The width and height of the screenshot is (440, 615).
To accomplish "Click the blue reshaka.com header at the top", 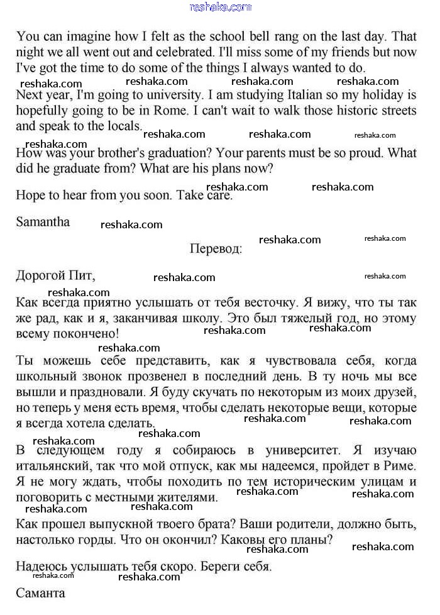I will coord(220,7).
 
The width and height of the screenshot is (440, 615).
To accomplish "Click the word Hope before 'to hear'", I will coord(30,195).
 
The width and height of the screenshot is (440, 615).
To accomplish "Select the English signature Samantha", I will coord(43,222).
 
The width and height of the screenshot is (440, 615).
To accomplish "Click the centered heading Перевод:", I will coord(216,248).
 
